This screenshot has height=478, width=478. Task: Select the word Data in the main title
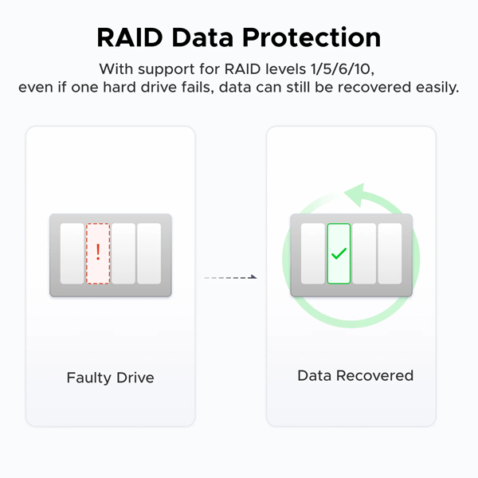click(x=209, y=37)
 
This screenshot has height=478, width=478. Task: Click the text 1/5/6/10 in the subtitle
click(x=349, y=68)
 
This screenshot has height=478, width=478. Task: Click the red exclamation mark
click(x=98, y=253)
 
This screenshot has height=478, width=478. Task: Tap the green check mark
click(x=339, y=253)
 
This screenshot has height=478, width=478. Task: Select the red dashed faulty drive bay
click(x=98, y=253)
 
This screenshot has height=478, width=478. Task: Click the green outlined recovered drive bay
click(x=339, y=253)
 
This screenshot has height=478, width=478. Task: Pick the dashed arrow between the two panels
click(x=229, y=277)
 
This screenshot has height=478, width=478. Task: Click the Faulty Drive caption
click(x=110, y=377)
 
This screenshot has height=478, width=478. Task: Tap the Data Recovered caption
click(x=355, y=375)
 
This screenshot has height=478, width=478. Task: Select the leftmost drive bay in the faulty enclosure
click(x=72, y=253)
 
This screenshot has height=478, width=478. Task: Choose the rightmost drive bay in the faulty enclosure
click(x=149, y=253)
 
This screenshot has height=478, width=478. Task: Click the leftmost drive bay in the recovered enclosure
click(x=313, y=253)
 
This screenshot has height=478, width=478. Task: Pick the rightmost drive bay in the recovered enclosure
click(x=390, y=253)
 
